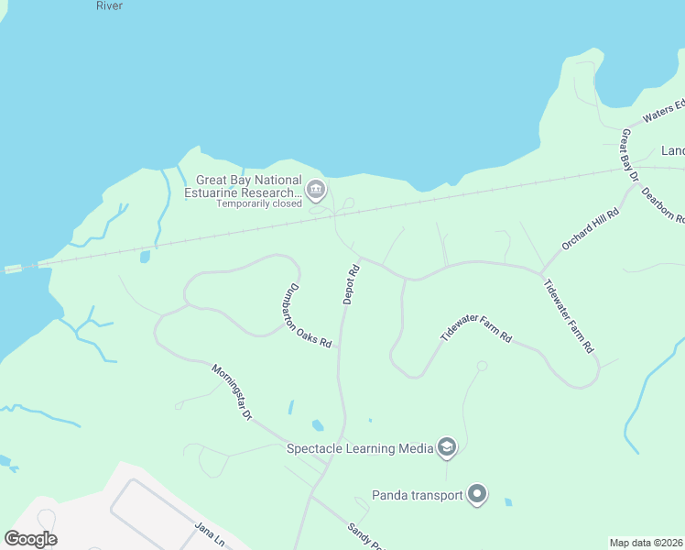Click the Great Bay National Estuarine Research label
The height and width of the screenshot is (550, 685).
[249, 186]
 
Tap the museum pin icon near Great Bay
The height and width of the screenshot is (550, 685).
[316, 191]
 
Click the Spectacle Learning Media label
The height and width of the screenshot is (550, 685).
[360, 448]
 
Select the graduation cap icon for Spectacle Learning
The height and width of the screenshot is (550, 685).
[447, 447]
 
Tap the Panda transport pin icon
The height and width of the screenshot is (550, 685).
[477, 495]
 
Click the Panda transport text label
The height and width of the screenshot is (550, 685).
[417, 496]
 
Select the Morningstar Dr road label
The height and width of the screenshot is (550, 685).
[232, 392]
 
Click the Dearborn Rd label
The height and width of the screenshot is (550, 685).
[663, 205]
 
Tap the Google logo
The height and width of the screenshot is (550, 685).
[30, 539]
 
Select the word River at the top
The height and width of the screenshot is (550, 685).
[109, 5]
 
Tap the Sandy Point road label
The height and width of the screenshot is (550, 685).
[364, 536]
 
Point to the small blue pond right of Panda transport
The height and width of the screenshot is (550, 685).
[508, 501]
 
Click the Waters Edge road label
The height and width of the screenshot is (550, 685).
[663, 111]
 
